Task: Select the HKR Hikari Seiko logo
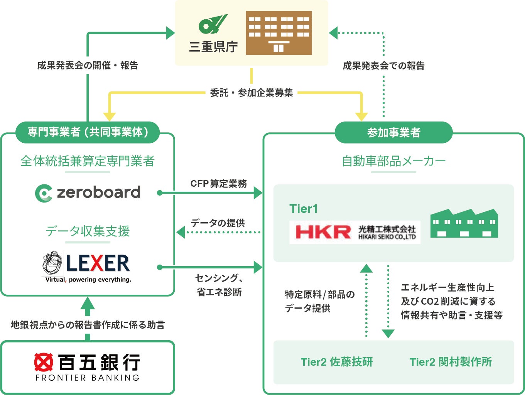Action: [355, 232]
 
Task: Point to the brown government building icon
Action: [279, 33]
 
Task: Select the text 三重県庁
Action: [213, 47]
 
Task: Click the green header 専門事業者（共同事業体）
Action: [88, 132]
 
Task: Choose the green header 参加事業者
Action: [393, 133]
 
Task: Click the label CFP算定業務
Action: [219, 184]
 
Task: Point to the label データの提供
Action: [218, 223]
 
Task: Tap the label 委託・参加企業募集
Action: [252, 93]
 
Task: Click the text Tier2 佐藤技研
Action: [336, 362]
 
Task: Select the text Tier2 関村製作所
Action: [451, 362]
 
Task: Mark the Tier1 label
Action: [304, 209]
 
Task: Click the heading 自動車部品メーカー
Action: [393, 161]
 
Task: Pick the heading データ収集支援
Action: [88, 231]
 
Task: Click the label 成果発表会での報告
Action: [383, 66]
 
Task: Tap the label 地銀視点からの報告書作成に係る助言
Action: [88, 325]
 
